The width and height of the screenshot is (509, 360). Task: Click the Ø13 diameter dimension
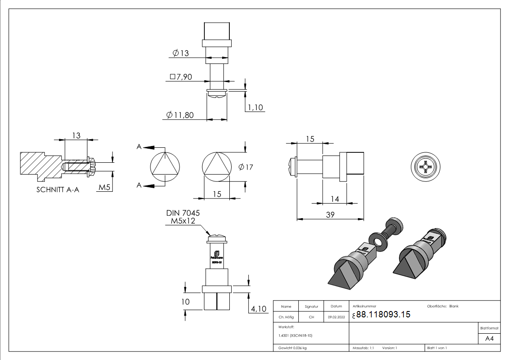coord(180,54)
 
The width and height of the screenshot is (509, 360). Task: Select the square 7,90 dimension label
coord(181,77)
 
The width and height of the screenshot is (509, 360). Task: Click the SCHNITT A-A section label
coord(58,190)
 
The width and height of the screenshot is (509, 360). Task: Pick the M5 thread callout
coord(105,188)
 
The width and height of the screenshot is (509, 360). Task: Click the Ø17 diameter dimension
coord(246,167)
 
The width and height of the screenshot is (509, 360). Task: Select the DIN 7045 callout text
coord(183,213)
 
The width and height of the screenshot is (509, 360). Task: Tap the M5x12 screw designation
coord(183,221)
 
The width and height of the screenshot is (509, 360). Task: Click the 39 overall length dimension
coord(330,214)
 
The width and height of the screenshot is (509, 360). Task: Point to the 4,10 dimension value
coord(259,309)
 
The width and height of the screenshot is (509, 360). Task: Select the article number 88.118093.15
coord(383,315)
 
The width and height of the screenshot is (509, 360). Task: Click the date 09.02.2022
coord(336,317)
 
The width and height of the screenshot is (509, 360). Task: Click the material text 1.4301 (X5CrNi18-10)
coord(296,336)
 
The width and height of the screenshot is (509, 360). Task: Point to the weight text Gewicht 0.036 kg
coord(293,348)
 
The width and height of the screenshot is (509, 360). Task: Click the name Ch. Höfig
coord(286,317)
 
